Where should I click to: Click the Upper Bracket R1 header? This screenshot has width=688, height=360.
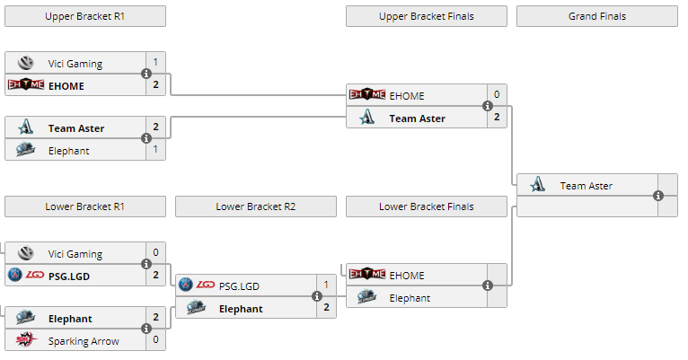click(x=84, y=16)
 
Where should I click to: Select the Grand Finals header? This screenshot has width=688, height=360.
click(x=597, y=16)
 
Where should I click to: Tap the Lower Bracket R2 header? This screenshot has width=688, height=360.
click(x=256, y=206)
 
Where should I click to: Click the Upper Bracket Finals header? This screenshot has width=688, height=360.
click(x=427, y=16)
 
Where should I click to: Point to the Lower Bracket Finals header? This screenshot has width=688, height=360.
click(x=427, y=206)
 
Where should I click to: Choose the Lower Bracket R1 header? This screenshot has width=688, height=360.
click(x=84, y=206)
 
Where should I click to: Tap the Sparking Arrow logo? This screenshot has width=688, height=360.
click(x=25, y=341)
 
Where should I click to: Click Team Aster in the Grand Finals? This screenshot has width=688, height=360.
click(x=586, y=186)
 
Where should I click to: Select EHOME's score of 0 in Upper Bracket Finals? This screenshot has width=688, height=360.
click(x=497, y=95)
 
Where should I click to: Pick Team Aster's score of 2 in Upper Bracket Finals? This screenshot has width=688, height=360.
click(x=497, y=118)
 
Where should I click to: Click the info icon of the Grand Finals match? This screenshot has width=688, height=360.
click(x=658, y=196)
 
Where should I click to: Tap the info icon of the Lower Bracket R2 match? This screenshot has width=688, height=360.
click(x=317, y=297)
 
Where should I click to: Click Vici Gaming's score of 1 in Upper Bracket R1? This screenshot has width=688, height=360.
click(x=155, y=63)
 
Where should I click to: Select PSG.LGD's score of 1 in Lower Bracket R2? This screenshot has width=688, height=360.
click(x=326, y=285)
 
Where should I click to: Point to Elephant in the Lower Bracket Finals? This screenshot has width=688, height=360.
click(x=410, y=298)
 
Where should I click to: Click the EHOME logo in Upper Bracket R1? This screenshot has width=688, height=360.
click(x=25, y=85)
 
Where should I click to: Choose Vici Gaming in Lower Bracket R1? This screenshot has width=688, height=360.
click(x=75, y=254)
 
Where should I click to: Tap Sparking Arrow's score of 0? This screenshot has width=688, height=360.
click(x=155, y=341)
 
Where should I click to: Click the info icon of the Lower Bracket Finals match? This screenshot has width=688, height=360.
click(x=488, y=286)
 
